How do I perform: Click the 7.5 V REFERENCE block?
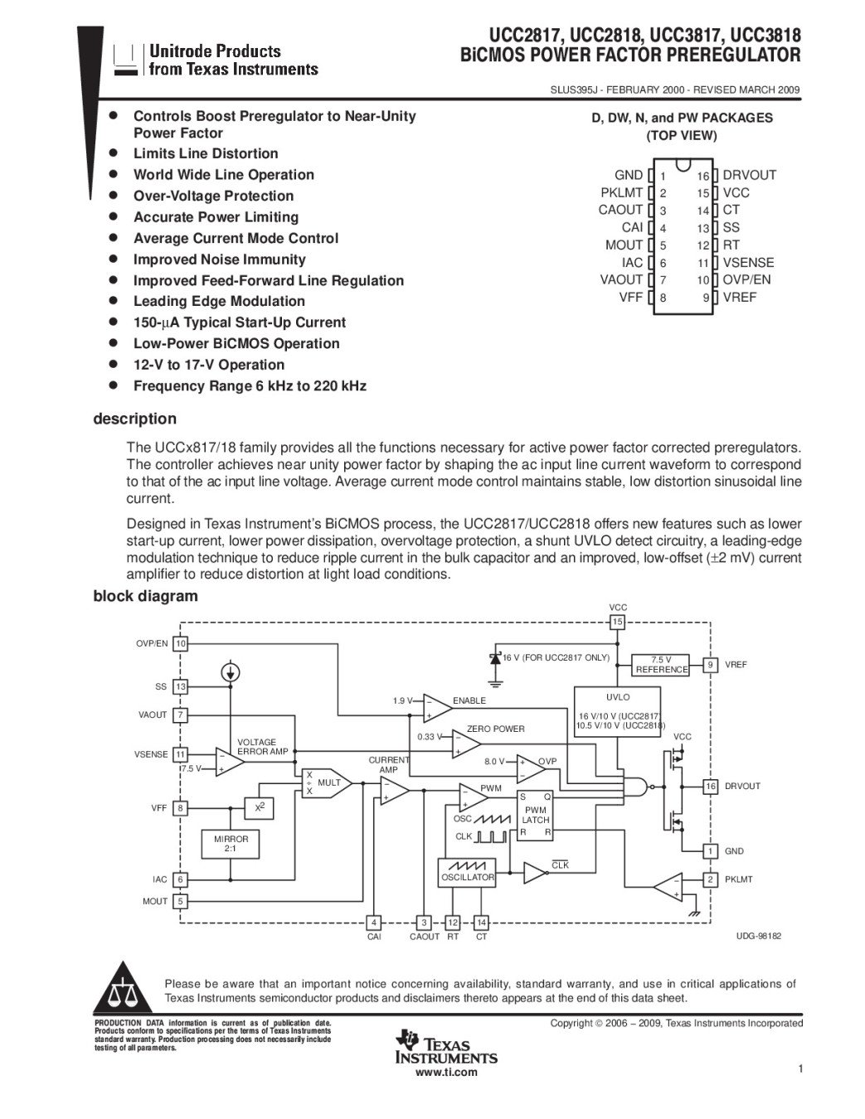(x=660, y=665)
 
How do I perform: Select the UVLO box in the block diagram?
(x=617, y=712)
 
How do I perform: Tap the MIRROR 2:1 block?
(x=230, y=844)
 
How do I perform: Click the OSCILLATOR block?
(x=467, y=872)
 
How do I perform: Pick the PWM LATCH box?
(x=535, y=816)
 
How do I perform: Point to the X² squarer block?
(x=259, y=808)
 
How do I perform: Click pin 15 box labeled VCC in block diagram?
(x=617, y=622)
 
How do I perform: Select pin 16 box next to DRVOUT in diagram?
(x=711, y=787)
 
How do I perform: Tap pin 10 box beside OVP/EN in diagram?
(x=180, y=643)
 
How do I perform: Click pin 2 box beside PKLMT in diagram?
(x=711, y=879)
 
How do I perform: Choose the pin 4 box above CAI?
(x=373, y=923)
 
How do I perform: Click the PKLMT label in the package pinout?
(x=621, y=192)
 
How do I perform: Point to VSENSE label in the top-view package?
(x=748, y=263)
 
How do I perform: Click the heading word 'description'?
(x=134, y=419)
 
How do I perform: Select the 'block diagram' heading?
(x=145, y=596)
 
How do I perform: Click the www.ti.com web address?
(x=447, y=1073)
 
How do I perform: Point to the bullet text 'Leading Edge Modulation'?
(x=219, y=301)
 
